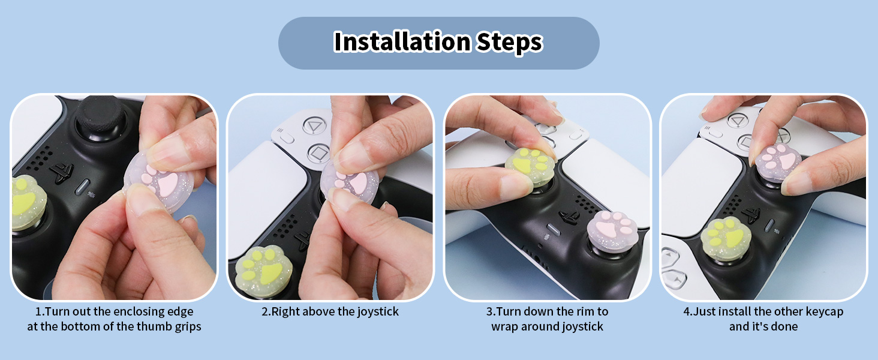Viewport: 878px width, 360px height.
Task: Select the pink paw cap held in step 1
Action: (x=160, y=185)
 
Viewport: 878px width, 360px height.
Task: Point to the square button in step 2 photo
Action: (x=318, y=153)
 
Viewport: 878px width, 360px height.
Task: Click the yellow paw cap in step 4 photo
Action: (x=726, y=235)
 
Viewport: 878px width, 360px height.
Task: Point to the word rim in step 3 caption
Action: (x=584, y=312)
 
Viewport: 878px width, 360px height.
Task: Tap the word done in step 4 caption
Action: (x=784, y=327)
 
